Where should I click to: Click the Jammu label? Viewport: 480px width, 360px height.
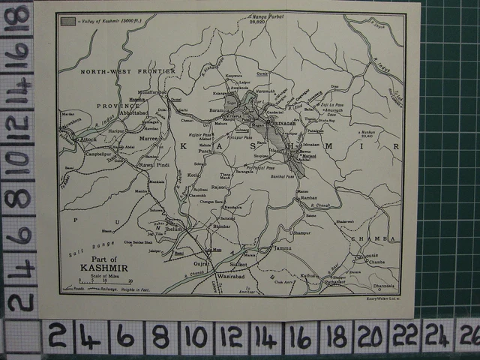pos(282,247)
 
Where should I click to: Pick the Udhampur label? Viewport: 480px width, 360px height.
pos(298,233)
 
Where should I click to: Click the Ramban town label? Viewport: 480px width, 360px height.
pos(308,198)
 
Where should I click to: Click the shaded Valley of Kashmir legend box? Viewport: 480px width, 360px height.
pos(68,21)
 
